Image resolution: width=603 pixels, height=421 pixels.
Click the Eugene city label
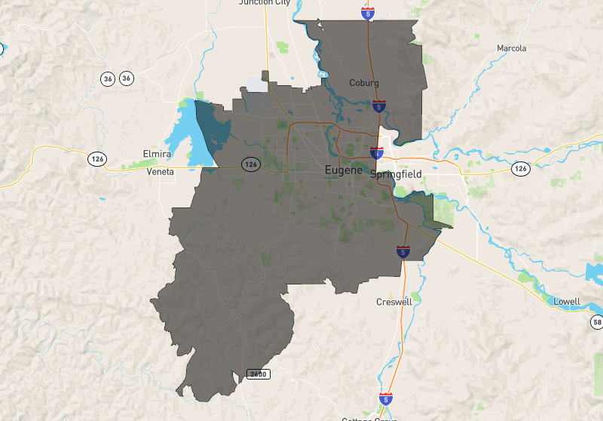tap(343, 171)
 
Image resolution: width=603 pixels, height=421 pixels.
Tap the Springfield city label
tap(396, 174)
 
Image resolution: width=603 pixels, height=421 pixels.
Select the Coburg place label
tap(363, 83)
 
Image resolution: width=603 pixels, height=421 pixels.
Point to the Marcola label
tap(512, 48)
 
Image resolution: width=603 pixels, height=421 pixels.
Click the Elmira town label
tap(158, 154)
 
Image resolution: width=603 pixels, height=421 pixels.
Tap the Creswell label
tap(395, 302)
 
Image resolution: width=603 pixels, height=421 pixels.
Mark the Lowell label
tap(565, 302)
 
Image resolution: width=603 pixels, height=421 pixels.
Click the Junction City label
tap(265, 2)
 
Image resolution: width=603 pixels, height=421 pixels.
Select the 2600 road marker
tap(258, 374)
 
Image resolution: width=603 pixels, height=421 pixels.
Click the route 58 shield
tap(597, 322)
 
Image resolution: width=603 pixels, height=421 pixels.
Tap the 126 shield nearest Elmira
tap(96, 158)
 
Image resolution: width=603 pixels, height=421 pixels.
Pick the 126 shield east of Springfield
tap(521, 167)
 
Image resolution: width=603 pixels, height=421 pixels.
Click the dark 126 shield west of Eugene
tap(251, 164)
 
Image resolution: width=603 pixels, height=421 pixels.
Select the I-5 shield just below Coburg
tap(379, 106)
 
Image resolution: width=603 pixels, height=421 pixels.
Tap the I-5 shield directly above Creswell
tap(403, 251)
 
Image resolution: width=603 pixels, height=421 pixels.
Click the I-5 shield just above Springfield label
tap(377, 152)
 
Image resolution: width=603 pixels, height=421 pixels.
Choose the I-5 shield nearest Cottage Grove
tap(386, 398)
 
